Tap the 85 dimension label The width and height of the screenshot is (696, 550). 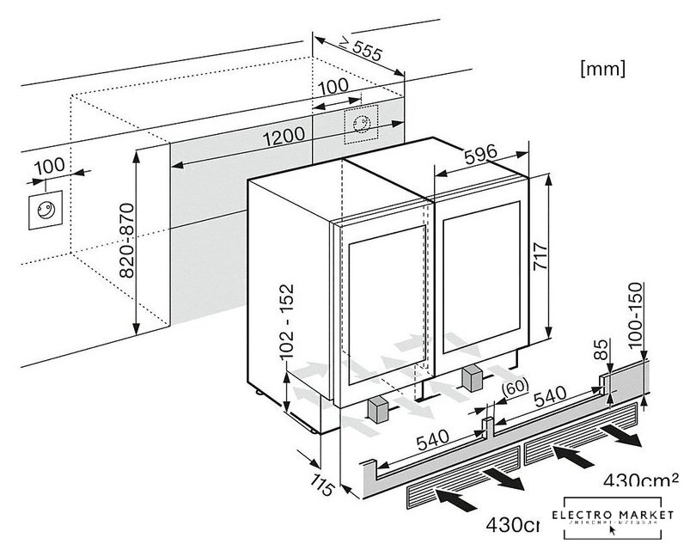(x=601, y=351)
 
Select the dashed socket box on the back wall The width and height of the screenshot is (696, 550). (x=360, y=125)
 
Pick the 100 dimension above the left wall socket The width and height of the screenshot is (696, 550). (x=51, y=166)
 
